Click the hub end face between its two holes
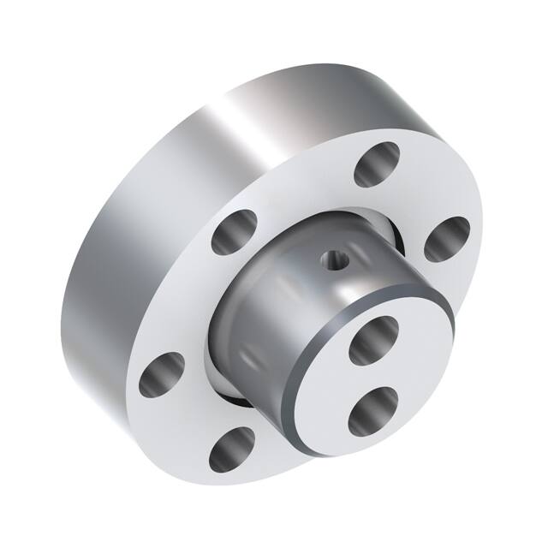click(377, 374)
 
